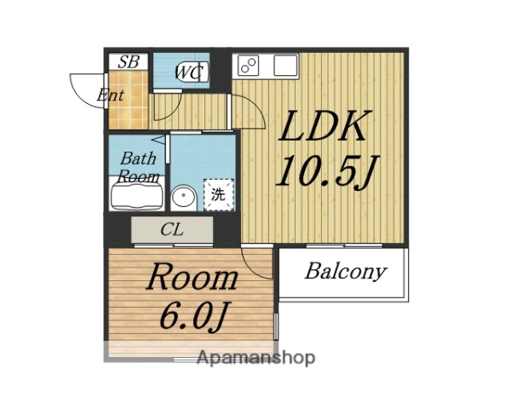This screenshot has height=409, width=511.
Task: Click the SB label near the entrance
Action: (129, 61)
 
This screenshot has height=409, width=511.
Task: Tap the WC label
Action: (189, 73)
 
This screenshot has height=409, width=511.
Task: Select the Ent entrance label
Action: (111, 95)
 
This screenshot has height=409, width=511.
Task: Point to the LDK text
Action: (324, 128)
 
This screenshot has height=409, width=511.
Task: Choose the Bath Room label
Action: (137, 167)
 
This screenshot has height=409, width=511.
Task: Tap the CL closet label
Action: (172, 229)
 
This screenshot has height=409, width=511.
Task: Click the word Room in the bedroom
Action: (192, 278)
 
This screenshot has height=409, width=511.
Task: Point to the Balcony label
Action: (345, 272)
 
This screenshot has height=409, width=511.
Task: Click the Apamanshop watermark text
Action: (255, 358)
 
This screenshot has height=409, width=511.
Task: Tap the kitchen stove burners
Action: (250, 65)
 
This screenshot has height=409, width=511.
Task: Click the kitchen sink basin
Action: (284, 65)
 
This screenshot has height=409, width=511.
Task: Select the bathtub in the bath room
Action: (136, 195)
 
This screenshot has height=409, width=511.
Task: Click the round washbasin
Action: (182, 198)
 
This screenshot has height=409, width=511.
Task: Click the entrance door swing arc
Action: (85, 89)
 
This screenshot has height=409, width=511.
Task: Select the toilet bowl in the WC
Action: (192, 72)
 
